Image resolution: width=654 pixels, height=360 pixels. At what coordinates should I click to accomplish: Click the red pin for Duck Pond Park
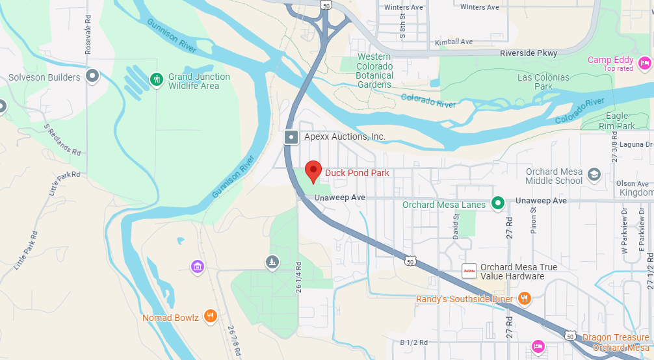(313, 172)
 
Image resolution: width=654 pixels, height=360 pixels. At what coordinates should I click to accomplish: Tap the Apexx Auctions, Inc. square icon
(291, 137)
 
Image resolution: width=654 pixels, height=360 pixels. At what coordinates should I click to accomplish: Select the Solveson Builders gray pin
(92, 77)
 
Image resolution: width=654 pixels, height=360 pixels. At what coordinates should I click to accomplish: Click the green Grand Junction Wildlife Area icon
(156, 80)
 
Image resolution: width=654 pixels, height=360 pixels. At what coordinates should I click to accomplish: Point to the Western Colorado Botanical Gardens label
(374, 71)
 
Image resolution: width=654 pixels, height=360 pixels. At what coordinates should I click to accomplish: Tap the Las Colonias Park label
(543, 82)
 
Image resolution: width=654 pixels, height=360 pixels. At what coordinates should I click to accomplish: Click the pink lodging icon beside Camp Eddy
(644, 63)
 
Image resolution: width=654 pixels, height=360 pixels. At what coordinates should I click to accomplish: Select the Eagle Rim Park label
(616, 121)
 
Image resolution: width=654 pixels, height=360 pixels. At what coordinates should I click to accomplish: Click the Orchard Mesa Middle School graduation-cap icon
(594, 175)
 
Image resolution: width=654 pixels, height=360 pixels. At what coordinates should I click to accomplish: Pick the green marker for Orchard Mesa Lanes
(498, 204)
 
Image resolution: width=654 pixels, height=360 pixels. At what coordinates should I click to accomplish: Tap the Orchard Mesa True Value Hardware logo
(468, 270)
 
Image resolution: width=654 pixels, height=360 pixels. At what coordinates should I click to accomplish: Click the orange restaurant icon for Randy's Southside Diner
(525, 299)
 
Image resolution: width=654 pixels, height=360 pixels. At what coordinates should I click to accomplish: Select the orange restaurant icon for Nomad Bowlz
(210, 316)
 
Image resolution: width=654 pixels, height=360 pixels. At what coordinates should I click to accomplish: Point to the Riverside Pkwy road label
(528, 53)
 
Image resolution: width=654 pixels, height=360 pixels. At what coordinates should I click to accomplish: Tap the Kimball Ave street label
(454, 42)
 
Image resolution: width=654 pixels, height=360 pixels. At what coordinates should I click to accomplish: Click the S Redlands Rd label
(62, 139)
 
